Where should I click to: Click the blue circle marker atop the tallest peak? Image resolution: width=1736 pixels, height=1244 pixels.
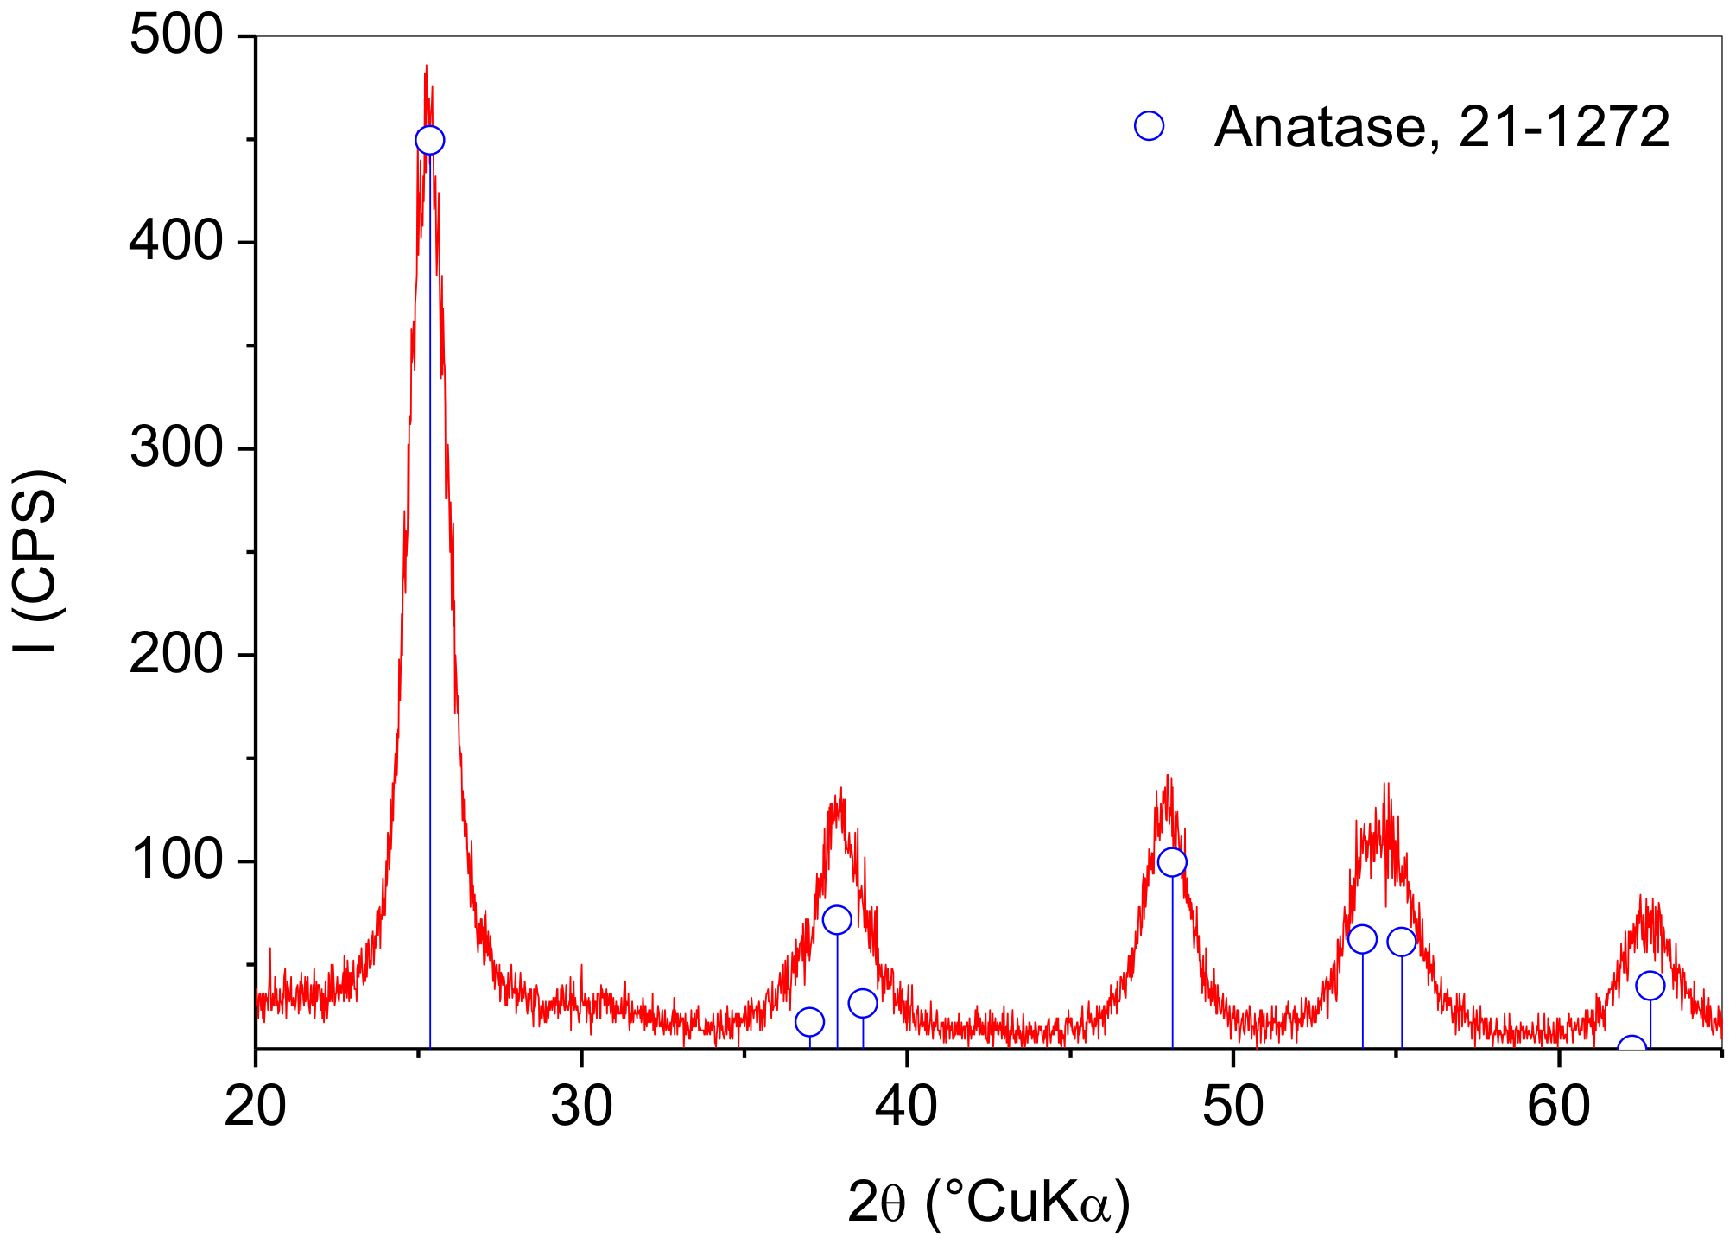point(429,140)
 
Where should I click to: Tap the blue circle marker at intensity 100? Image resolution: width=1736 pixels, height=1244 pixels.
point(1172,862)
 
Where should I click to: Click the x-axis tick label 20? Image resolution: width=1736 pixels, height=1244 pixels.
point(255,1108)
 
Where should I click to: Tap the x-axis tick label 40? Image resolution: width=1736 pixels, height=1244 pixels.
point(906,1108)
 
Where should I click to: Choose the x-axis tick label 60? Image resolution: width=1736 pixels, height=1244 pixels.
point(1558,1108)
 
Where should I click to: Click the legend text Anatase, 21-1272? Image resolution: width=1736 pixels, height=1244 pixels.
point(1441,127)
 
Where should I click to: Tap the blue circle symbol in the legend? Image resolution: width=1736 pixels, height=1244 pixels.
point(1149,126)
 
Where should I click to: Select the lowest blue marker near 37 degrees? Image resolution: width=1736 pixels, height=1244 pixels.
point(809,1022)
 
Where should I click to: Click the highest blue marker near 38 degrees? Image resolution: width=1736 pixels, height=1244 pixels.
point(837,920)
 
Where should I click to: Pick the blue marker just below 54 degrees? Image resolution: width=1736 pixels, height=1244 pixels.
point(1362,939)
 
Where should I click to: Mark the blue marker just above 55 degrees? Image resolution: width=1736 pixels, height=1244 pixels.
point(1402,942)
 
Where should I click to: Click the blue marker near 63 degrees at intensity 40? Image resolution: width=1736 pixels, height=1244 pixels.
point(1650,986)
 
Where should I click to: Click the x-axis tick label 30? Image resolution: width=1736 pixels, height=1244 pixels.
point(580,1108)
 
